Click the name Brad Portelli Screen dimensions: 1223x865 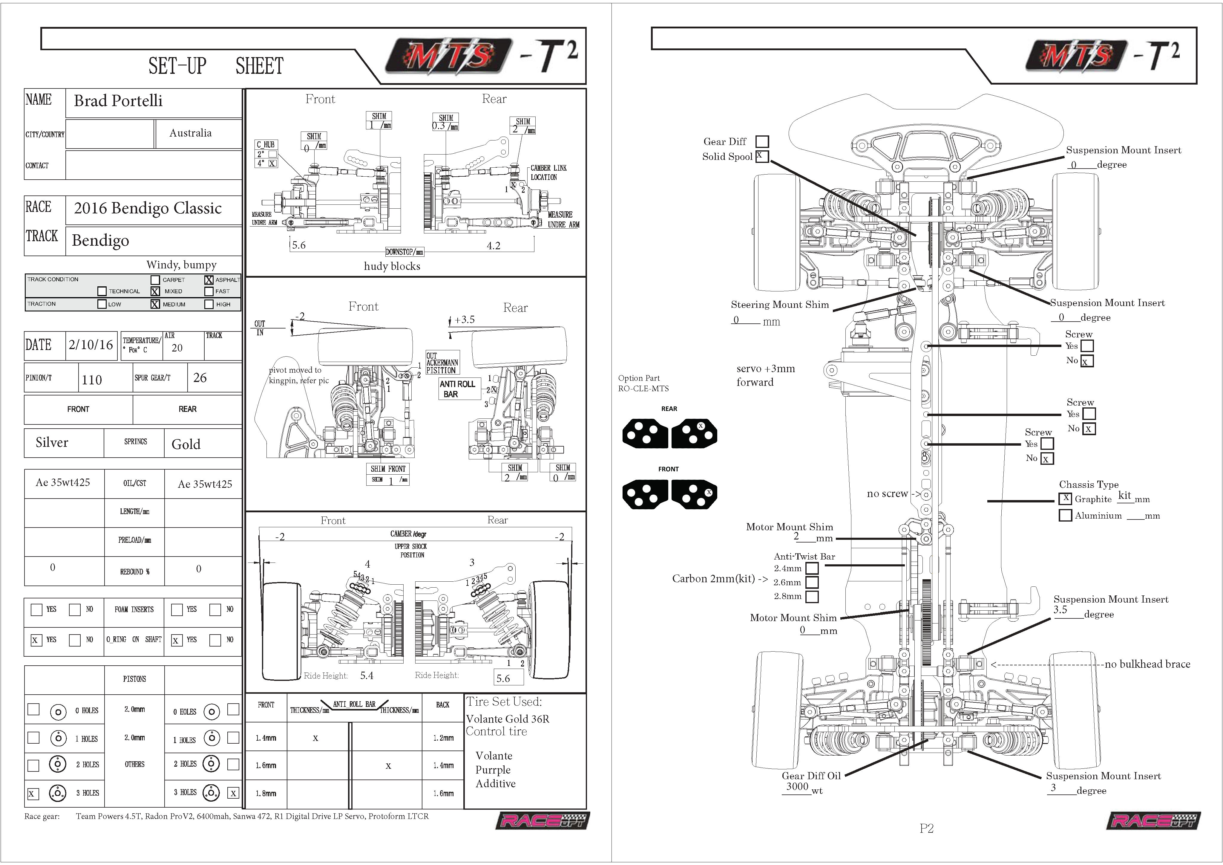click(118, 101)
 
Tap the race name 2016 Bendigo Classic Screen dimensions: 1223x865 click(148, 208)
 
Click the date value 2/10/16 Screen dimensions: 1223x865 click(91, 345)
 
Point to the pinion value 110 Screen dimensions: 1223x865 click(92, 380)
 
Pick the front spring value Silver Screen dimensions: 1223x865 click(52, 442)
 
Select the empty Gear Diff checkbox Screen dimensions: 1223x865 click(762, 141)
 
